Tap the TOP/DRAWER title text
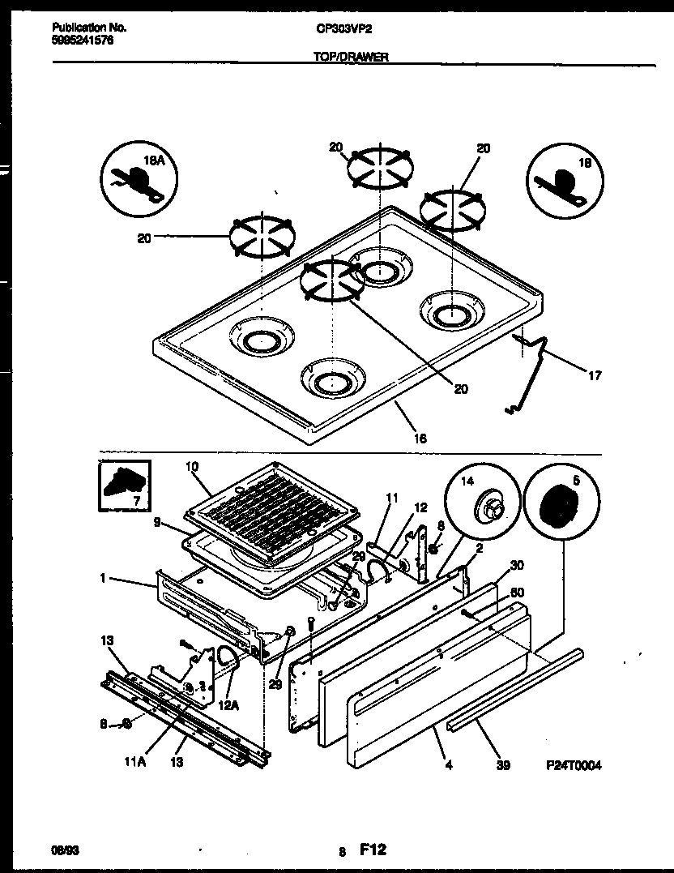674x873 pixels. pyautogui.click(x=350, y=58)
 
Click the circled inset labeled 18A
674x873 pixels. pyautogui.click(x=140, y=179)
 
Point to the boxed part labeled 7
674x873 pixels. pyautogui.click(x=123, y=486)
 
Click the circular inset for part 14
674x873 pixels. pyautogui.click(x=484, y=507)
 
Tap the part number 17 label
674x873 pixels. pyautogui.click(x=595, y=375)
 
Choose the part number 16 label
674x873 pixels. pyautogui.click(x=420, y=438)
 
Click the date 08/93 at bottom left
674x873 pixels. pyautogui.click(x=64, y=851)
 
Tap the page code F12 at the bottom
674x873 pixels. pyautogui.click(x=373, y=850)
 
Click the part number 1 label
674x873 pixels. pyautogui.click(x=104, y=580)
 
